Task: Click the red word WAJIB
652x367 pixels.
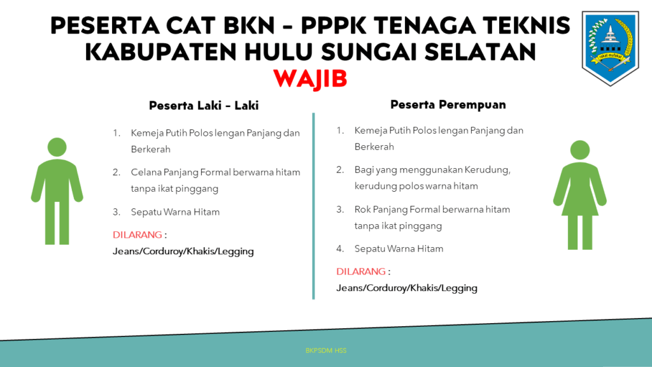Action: click(310, 78)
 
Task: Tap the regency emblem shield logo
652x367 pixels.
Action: click(610, 48)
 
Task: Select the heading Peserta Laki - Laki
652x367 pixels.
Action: click(204, 105)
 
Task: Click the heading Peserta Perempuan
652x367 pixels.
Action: click(448, 104)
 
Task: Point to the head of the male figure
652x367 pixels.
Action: click(57, 147)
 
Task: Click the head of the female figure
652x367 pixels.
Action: click(579, 150)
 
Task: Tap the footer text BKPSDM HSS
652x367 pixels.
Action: click(326, 351)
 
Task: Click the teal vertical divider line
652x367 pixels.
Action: click(313, 206)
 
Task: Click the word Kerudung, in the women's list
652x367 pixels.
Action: click(487, 170)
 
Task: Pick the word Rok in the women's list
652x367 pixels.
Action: click(362, 209)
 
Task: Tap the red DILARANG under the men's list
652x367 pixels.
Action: click(138, 234)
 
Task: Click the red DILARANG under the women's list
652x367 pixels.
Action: click(361, 271)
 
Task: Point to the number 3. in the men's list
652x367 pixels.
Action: click(117, 212)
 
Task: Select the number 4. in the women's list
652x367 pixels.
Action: click(340, 248)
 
